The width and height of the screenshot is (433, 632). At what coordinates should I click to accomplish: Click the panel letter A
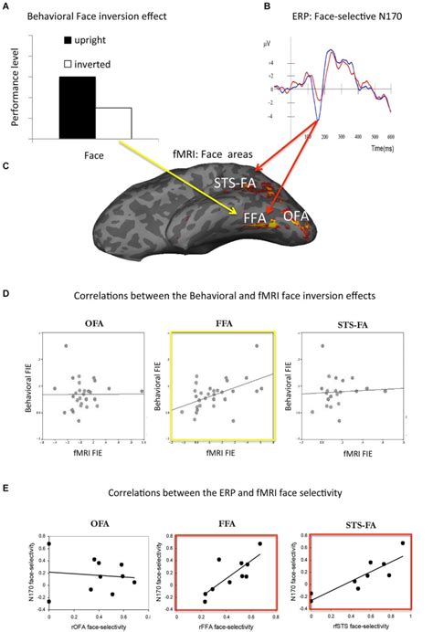pos(8,5)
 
